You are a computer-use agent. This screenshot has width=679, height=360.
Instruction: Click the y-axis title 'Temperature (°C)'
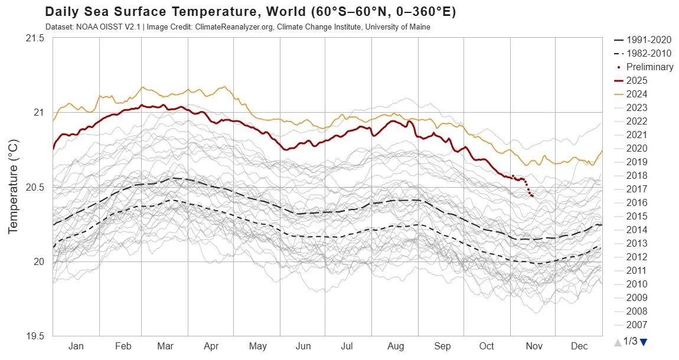13,187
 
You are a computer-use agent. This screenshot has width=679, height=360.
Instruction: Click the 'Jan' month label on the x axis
76,346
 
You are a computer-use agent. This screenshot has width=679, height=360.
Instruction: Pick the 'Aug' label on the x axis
395,346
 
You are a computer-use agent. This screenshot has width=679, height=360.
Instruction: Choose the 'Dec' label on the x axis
579,346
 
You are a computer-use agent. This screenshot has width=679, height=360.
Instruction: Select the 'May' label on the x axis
258,346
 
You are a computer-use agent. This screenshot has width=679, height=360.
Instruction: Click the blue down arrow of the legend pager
644,342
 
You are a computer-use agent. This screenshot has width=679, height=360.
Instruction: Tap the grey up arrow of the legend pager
618,342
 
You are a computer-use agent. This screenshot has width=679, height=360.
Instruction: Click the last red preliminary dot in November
533,196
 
